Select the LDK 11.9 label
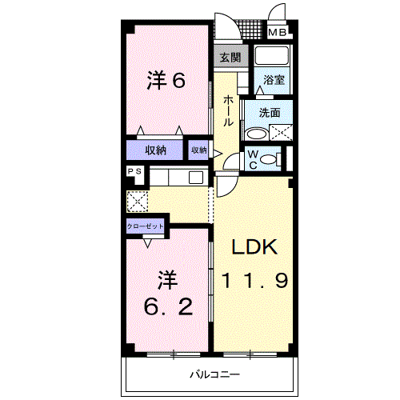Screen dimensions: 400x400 coord(254,264)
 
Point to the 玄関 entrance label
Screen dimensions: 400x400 coord(230,57)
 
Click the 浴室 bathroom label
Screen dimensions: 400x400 coord(274,80)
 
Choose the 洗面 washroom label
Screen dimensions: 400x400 coord(269,113)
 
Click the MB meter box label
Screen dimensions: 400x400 coord(277,33)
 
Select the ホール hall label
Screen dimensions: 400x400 coord(229,110)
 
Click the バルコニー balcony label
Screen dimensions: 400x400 coord(214,374)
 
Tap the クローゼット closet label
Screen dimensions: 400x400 coord(146,226)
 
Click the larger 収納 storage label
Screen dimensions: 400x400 coord(155,150)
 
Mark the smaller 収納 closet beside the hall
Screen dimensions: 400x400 coord(198,150)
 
